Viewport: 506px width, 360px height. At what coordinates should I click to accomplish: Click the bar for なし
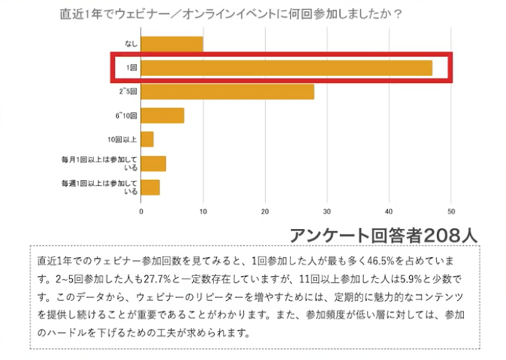[x=172, y=44]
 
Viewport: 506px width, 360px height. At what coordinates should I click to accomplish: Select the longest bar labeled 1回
[x=286, y=68]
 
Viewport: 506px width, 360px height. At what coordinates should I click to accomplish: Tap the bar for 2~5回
[x=227, y=92]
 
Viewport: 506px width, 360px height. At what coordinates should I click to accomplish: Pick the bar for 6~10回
[x=162, y=115]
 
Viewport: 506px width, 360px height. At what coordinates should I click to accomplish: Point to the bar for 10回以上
[x=147, y=139]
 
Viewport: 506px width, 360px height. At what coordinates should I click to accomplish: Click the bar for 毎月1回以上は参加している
[x=154, y=163]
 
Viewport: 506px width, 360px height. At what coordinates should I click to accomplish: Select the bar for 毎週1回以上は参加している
[x=151, y=186]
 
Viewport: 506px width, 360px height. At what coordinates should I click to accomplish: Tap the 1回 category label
[x=132, y=68]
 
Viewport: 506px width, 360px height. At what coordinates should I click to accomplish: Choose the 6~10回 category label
[x=127, y=115]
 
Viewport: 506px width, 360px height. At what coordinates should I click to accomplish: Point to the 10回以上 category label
[x=123, y=139]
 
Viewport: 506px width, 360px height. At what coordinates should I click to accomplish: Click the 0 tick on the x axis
[x=141, y=212]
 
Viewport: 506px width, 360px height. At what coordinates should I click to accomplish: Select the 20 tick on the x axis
[x=265, y=212]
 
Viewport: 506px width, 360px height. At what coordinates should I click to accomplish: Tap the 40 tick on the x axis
[x=390, y=212]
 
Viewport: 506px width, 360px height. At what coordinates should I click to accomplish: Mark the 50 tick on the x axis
[x=451, y=212]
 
